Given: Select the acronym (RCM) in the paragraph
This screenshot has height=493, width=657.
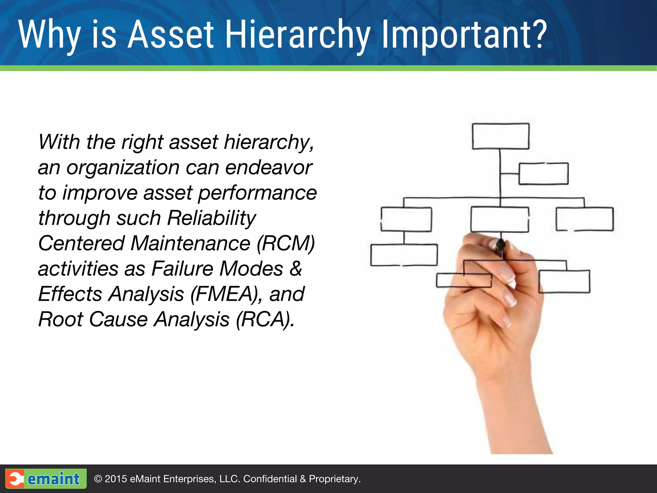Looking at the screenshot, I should coord(286,243).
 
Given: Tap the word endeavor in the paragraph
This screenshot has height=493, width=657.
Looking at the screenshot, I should coord(268,168).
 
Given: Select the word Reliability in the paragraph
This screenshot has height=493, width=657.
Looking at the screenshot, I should coord(211,218).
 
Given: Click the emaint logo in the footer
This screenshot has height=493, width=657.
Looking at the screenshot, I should coord(46,479).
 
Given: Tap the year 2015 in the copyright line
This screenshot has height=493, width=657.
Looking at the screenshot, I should coord(116,479).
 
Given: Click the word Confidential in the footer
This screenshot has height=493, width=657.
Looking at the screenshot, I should coord(270,479).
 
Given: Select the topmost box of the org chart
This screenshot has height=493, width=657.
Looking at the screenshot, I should coord(500,136).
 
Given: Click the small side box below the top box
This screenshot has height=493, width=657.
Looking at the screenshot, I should coord(543,174).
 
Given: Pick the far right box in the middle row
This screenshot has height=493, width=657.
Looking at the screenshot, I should coord(584,219).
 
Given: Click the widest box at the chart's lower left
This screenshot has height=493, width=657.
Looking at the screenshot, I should coord(404,255).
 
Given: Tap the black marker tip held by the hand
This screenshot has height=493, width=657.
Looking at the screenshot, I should coord(500,246).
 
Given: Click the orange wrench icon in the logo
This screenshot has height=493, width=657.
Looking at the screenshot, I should coord(15,479).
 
